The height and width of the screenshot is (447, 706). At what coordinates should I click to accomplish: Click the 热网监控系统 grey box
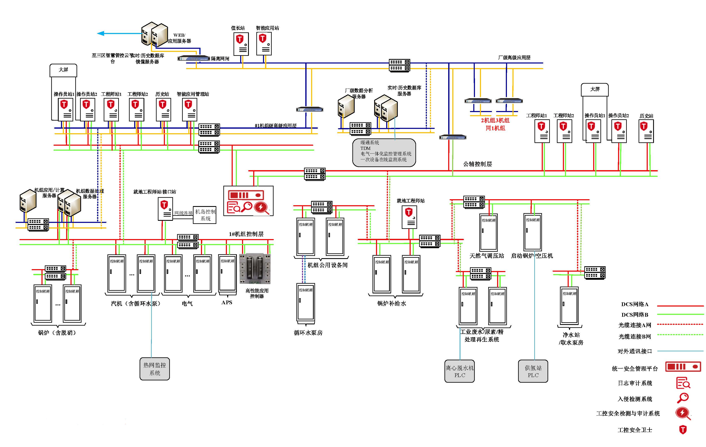[x=155, y=369]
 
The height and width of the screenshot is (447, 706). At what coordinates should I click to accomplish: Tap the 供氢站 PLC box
[x=533, y=371]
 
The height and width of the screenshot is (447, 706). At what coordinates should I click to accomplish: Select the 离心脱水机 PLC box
[x=459, y=371]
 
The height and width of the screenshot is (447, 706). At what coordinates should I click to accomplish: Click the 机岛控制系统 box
[x=205, y=215]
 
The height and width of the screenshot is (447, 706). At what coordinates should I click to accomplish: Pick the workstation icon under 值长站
[x=241, y=44]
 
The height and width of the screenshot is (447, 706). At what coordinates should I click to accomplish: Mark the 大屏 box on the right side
[x=595, y=89]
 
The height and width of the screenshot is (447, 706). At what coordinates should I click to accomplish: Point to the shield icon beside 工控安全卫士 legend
[x=683, y=430]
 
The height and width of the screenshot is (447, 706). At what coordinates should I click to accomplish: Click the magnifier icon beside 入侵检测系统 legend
[x=683, y=398]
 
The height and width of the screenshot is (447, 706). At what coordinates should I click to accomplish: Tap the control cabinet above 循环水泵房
[x=306, y=302]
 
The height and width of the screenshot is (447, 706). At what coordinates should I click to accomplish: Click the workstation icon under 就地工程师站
[x=409, y=217]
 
